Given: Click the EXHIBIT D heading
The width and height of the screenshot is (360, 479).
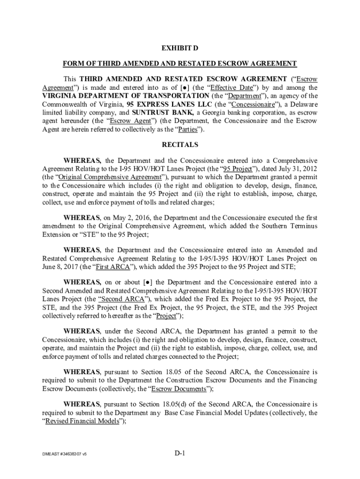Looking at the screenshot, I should coord(180,49).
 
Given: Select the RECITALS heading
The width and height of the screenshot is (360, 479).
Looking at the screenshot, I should coord(180,145).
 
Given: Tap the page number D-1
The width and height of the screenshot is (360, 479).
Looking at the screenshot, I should coord(180,453).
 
